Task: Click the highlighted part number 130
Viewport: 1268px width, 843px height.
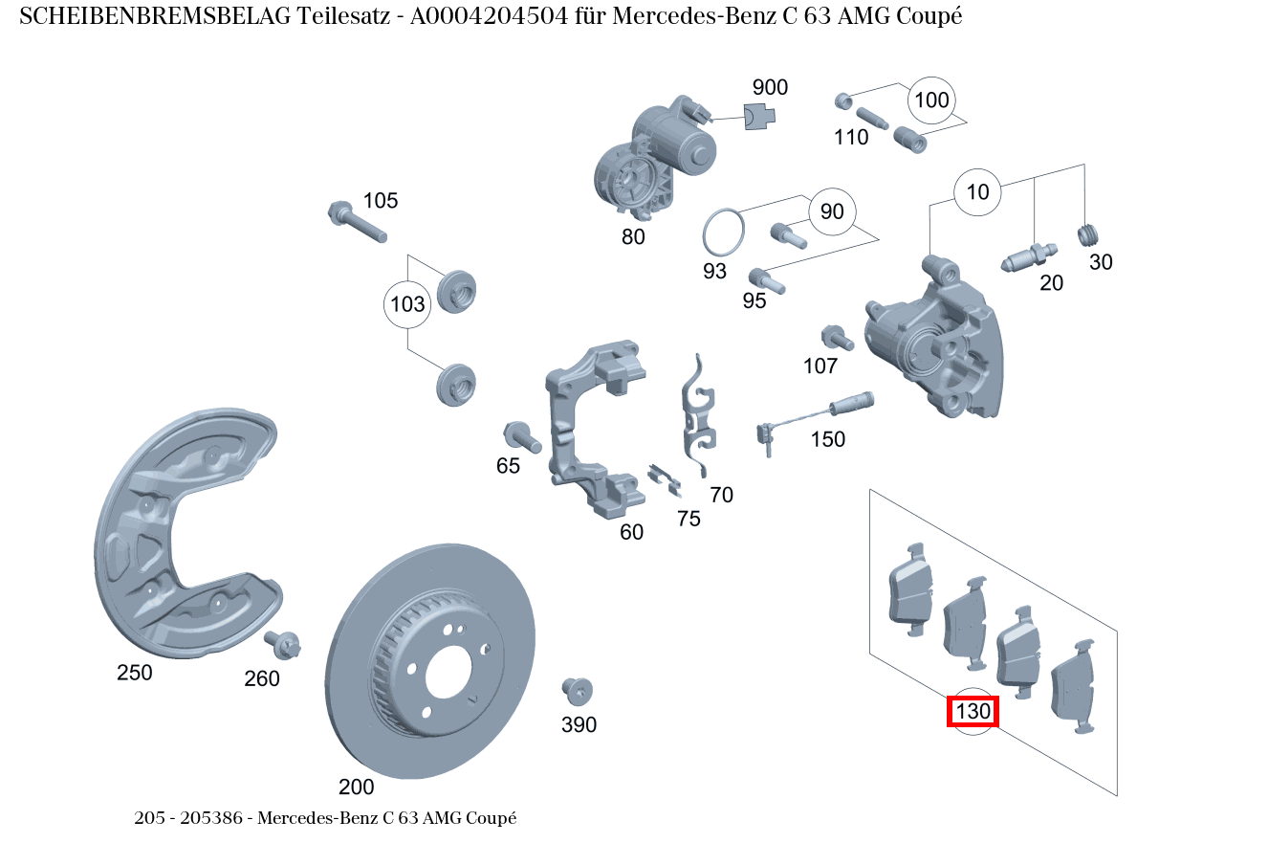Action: tap(973, 712)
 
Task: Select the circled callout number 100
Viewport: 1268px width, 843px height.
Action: tap(931, 100)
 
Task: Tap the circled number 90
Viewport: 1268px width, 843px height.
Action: tap(832, 211)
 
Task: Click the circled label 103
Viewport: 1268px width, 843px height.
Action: tap(407, 305)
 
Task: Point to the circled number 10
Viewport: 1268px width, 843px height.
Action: tap(977, 192)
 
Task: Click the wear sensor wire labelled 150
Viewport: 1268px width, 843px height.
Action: tap(813, 417)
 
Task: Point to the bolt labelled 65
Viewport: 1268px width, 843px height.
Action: tap(522, 437)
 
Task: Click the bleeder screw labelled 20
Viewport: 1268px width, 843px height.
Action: tap(1027, 255)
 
